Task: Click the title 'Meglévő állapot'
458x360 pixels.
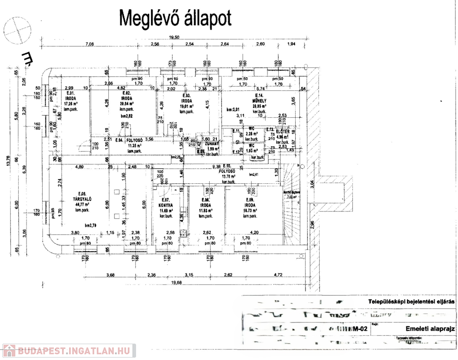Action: (176, 18)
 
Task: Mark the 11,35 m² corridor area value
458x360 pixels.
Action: (135, 145)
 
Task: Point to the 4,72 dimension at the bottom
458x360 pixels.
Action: (278, 275)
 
